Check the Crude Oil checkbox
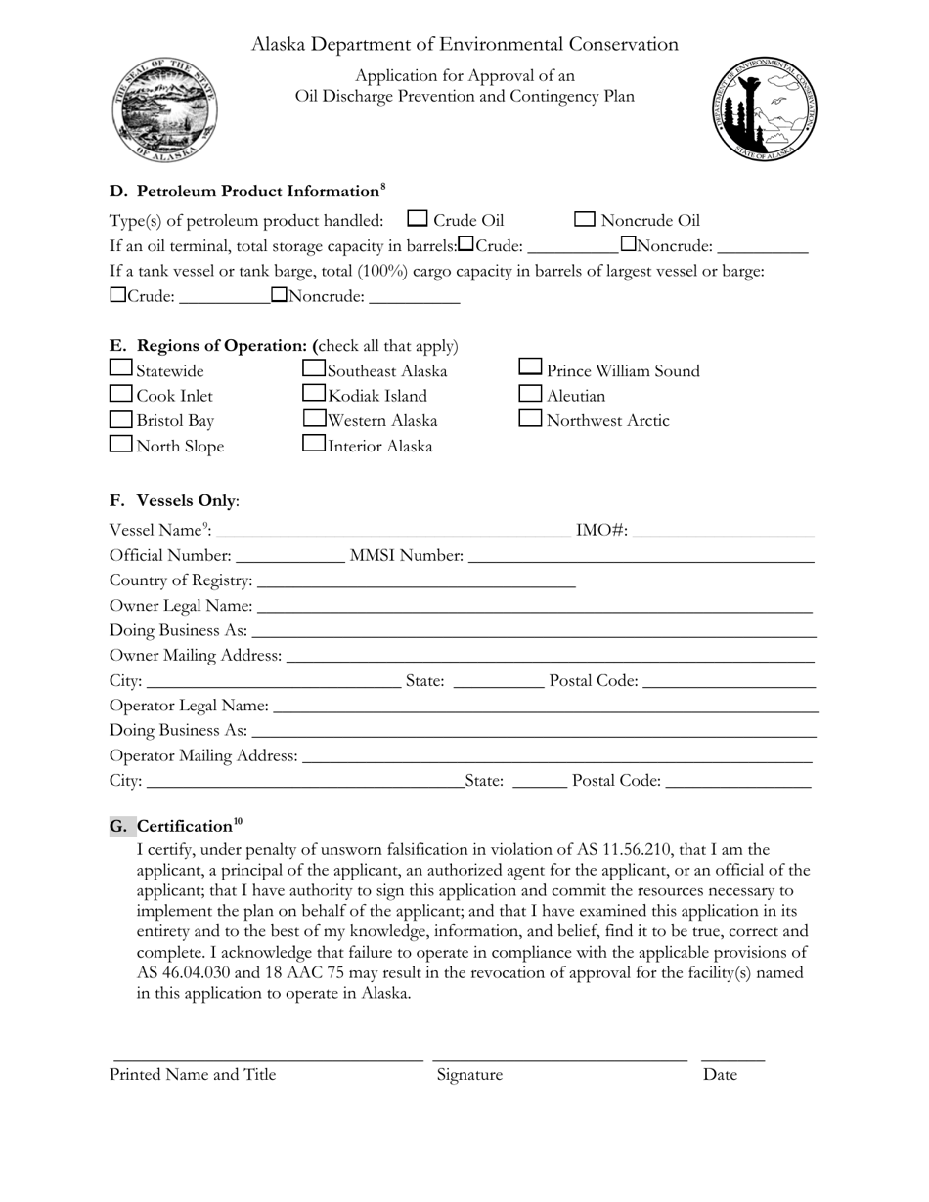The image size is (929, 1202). (418, 219)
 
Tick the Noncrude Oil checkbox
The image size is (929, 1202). (585, 219)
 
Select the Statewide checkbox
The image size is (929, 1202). (121, 367)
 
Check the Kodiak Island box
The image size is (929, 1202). (314, 393)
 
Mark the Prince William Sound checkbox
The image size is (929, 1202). (530, 367)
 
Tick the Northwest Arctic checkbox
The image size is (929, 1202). (530, 418)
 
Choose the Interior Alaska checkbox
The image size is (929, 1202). (314, 443)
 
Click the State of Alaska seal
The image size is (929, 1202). (164, 109)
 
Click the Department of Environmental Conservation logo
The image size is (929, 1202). (764, 109)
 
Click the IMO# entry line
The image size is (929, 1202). (724, 532)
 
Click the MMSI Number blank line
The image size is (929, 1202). (641, 557)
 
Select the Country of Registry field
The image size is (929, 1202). (416, 582)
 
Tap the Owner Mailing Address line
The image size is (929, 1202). (550, 657)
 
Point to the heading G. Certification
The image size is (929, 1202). (177, 827)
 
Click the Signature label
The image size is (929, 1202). (469, 1075)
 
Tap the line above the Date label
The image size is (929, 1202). (732, 1059)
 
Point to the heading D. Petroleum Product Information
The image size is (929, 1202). (244, 192)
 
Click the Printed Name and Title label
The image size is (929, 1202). (193, 1075)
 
